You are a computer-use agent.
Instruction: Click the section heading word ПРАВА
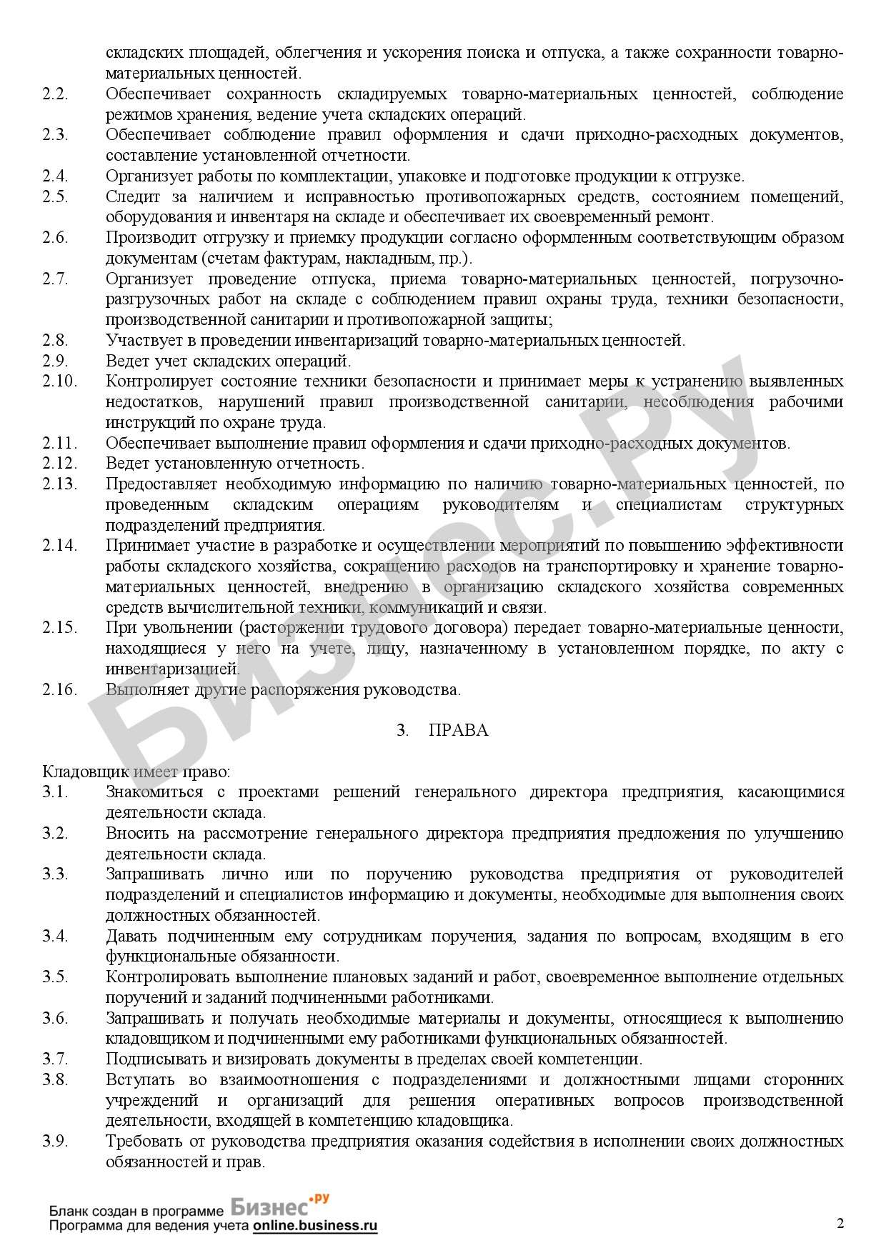(459, 730)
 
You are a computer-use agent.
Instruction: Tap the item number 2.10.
(59, 381)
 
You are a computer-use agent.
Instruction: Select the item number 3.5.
(55, 977)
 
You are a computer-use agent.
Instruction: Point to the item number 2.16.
(59, 689)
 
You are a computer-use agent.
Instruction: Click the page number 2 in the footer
(840, 1223)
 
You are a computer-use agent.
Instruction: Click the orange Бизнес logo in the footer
(279, 1207)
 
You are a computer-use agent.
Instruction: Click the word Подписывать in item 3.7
(151, 1059)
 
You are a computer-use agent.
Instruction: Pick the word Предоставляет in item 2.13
(160, 484)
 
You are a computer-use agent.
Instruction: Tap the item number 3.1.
(55, 792)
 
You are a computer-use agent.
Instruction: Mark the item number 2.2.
(55, 94)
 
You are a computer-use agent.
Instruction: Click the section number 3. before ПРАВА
(403, 730)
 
